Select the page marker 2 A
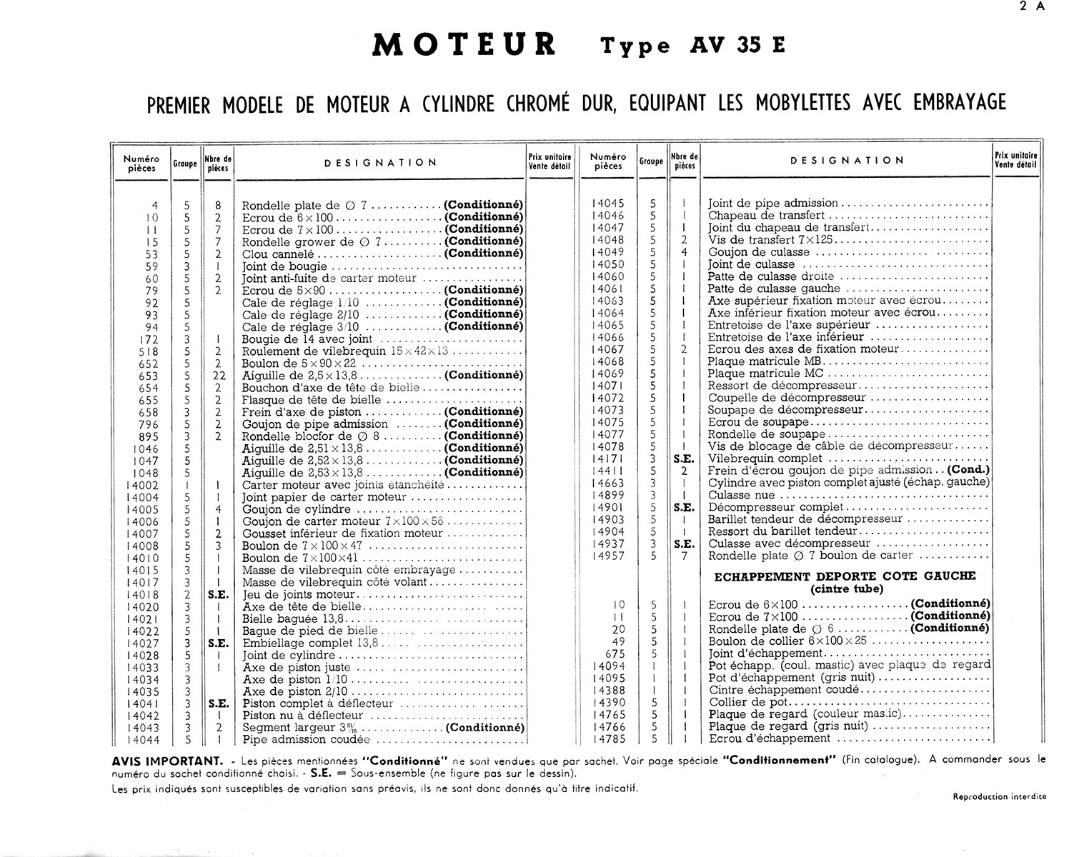point(1033,7)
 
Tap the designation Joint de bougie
point(284,266)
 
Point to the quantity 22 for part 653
point(217,376)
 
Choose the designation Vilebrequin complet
point(760,458)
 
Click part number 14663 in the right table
point(608,483)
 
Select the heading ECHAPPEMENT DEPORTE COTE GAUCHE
point(845,576)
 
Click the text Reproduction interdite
point(999,796)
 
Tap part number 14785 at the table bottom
point(608,738)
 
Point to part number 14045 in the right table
point(608,204)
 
